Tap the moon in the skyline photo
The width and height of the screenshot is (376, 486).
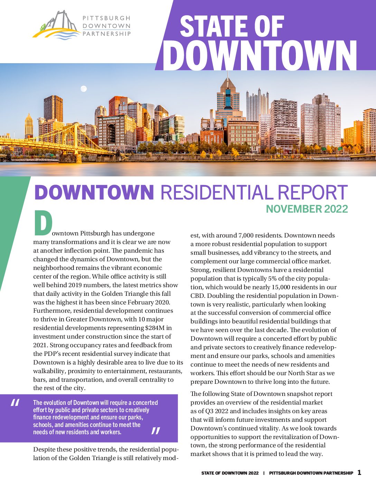[x=83, y=89]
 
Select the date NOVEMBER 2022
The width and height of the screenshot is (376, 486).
[x=307, y=209]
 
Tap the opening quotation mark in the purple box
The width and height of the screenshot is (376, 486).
[x=15, y=402]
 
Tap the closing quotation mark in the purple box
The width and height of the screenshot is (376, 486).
[x=156, y=430]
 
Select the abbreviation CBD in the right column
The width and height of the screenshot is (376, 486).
[x=197, y=296]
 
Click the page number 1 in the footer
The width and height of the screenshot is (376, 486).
[x=359, y=473]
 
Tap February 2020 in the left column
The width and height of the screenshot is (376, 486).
[x=152, y=302]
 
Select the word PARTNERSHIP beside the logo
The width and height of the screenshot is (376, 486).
[x=106, y=33]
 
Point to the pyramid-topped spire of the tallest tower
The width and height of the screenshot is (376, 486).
[x=228, y=84]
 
